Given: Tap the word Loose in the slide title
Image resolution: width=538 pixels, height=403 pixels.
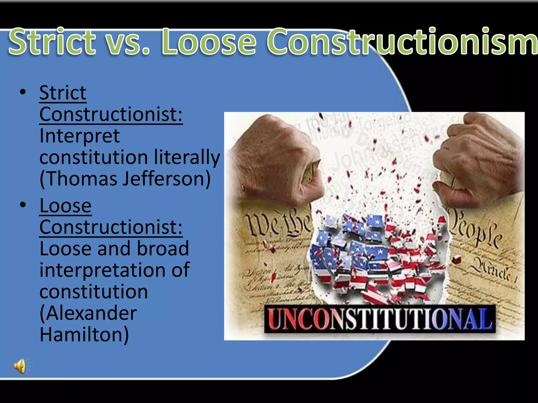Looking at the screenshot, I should tap(209, 42).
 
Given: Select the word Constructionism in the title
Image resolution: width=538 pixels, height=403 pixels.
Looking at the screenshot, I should tap(402, 42).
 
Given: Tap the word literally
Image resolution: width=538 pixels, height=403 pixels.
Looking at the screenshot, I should tap(187, 157).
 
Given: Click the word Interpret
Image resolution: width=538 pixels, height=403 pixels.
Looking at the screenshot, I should tap(80, 136).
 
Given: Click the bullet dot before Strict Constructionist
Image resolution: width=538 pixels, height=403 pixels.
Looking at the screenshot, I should tap(23, 92).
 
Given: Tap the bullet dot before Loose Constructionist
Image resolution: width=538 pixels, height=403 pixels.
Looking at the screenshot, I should tap(23, 205).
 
